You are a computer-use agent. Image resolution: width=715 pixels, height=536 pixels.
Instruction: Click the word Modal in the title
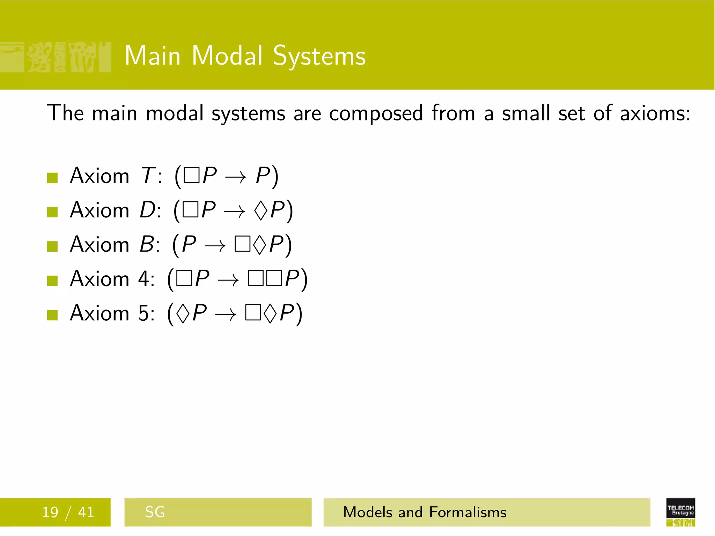tap(227, 56)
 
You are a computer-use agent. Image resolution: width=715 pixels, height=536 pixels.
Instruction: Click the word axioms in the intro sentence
tap(655, 113)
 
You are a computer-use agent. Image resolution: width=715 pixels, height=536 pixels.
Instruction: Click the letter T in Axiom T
tap(148, 176)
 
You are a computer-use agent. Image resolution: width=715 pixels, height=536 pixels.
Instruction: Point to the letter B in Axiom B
tap(147, 244)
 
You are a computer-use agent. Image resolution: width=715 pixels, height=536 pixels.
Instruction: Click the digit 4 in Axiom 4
tap(145, 279)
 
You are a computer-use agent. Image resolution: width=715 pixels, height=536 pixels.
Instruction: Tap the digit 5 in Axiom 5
tap(145, 313)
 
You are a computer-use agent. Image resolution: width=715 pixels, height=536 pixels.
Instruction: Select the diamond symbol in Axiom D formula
tap(260, 210)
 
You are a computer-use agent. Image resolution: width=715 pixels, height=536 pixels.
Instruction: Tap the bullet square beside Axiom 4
tap(52, 281)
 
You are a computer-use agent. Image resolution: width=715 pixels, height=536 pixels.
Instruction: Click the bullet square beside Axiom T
tap(52, 178)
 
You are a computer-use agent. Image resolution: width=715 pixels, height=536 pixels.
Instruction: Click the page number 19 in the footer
tap(50, 512)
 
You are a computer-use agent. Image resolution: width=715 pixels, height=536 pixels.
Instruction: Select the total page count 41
tap(86, 512)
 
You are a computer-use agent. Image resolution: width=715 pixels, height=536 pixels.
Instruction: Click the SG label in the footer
tap(155, 512)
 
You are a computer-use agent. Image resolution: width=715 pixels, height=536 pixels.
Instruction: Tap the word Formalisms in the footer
tap(467, 512)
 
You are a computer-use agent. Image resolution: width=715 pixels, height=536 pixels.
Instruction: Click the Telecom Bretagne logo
tap(680, 512)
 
